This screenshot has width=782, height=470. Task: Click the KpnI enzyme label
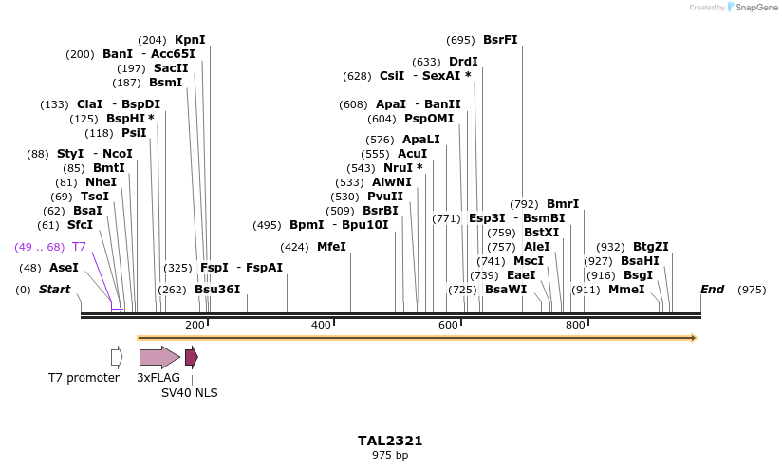coord(190,40)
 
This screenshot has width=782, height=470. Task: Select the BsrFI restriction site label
coord(500,40)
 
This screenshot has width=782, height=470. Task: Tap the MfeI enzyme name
coord(331,247)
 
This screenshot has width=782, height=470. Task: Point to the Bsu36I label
coord(217,290)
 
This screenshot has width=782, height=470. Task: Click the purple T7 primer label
coord(80,247)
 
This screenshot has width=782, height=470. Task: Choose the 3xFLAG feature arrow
coord(158,357)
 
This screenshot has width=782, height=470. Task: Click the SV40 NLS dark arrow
coord(191,357)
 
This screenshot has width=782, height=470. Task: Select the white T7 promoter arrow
coord(117,357)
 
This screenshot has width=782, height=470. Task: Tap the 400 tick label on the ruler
coord(321,326)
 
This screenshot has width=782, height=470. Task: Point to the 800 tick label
coord(575,326)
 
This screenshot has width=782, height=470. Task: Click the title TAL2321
coord(390,441)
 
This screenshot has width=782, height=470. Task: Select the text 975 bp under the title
coord(390,456)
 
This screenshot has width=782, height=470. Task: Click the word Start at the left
coord(54,290)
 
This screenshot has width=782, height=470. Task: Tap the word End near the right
coord(712,290)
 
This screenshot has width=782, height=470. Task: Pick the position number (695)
coord(460,40)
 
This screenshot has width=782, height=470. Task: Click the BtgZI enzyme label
coord(651,247)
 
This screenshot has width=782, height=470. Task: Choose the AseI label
coord(64,268)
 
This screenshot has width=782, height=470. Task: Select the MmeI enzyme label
coord(626,290)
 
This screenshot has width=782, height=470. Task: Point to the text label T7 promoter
coord(84,378)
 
